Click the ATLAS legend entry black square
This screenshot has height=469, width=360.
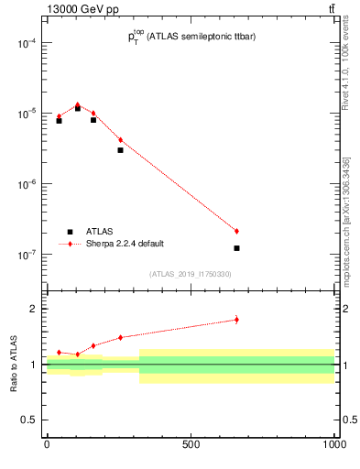click(x=70, y=232)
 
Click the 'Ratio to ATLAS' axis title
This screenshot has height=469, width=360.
click(x=13, y=365)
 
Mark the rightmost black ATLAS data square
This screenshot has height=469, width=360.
click(x=236, y=248)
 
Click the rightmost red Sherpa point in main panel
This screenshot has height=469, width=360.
click(x=236, y=231)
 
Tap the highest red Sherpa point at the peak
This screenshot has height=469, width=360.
click(x=77, y=104)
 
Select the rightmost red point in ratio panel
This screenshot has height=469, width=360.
click(x=236, y=320)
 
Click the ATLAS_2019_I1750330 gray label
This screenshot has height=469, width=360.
click(x=191, y=274)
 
